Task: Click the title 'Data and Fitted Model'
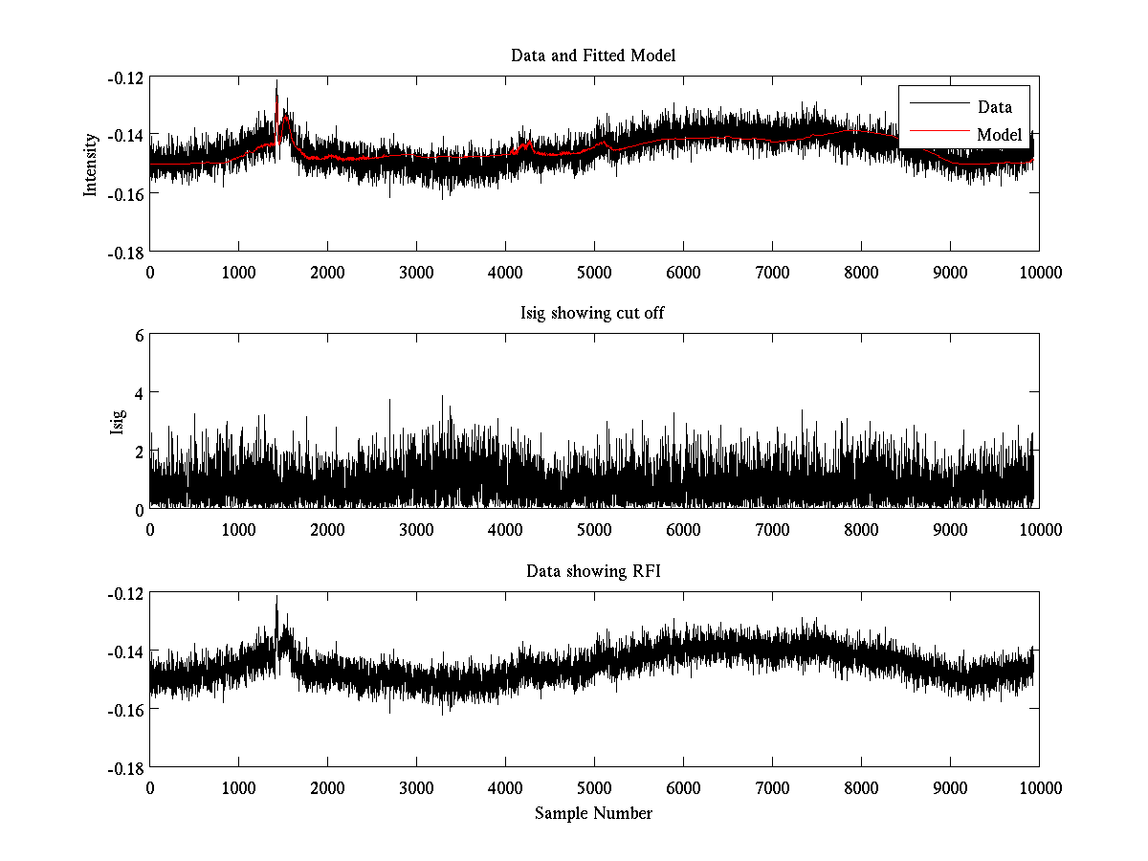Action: (x=593, y=55)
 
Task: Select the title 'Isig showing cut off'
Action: (x=593, y=314)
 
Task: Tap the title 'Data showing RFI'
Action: (x=593, y=572)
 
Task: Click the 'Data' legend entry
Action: (x=994, y=107)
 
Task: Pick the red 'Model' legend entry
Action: (x=999, y=135)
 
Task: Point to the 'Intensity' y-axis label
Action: (x=92, y=164)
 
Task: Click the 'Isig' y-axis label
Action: (x=118, y=422)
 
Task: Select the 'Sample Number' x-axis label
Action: (x=593, y=813)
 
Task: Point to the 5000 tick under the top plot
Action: (x=594, y=272)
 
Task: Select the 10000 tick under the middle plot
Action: (x=1039, y=529)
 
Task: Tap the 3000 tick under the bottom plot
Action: (x=416, y=787)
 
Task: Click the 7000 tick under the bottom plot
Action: (x=772, y=787)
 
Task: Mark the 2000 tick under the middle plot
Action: (x=327, y=529)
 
